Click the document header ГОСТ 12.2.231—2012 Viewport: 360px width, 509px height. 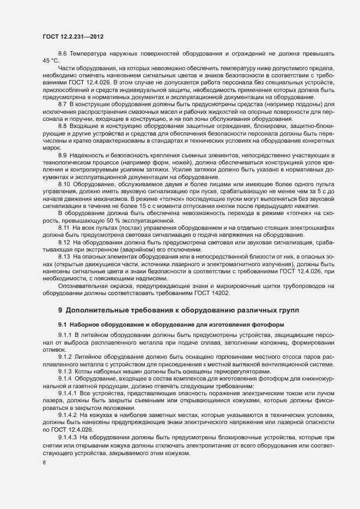click(72, 36)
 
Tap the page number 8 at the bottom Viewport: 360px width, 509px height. click(44, 463)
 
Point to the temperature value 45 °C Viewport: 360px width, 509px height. click(51, 61)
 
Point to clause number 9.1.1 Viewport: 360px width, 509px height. click(65, 334)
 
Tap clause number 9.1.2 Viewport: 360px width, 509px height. click(65, 354)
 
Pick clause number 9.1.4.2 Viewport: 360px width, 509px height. click(68, 414)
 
